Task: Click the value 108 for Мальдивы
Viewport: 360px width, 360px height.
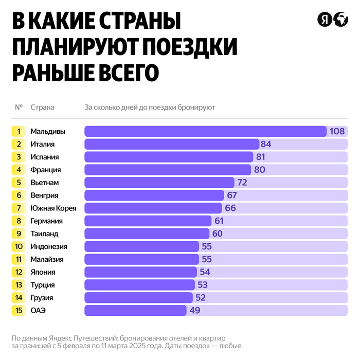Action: click(x=337, y=131)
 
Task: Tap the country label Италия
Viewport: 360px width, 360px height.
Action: click(x=42, y=144)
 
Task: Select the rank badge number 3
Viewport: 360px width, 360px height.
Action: click(x=19, y=157)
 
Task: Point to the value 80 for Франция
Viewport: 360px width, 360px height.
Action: click(x=259, y=170)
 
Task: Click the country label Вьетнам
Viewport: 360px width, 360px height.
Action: click(x=45, y=183)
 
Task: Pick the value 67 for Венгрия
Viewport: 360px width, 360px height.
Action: click(x=231, y=195)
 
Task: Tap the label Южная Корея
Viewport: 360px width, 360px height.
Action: click(x=53, y=208)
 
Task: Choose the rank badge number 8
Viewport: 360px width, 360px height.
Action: click(x=19, y=221)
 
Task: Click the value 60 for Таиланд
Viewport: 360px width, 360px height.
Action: click(x=219, y=233)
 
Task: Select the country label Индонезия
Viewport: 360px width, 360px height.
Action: click(x=49, y=246)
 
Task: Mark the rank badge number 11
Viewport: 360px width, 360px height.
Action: click(x=19, y=259)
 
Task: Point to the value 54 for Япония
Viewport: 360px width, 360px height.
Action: click(x=205, y=272)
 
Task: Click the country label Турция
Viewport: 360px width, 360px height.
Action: click(x=42, y=285)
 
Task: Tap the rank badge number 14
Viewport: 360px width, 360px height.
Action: click(x=19, y=297)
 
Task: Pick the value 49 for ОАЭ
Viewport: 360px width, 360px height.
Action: click(x=194, y=310)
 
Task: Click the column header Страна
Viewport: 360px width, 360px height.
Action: click(x=42, y=107)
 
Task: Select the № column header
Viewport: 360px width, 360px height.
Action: click(x=19, y=107)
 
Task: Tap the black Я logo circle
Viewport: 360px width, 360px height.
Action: click(x=325, y=20)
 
